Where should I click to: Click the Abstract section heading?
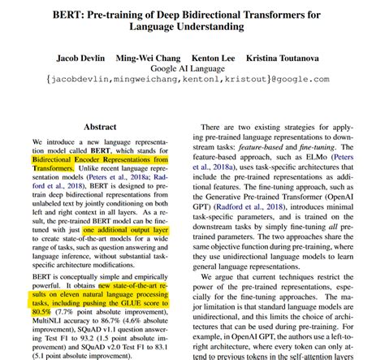106,128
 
